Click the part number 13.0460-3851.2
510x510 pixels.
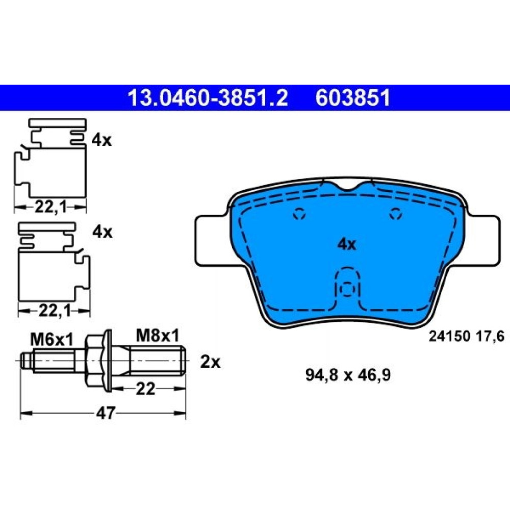pyautogui.click(x=208, y=98)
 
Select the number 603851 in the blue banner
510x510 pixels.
pyautogui.click(x=352, y=98)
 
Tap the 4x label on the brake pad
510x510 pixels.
pyautogui.click(x=347, y=244)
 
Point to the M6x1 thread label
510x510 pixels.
pyautogui.click(x=52, y=340)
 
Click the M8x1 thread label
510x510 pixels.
pyautogui.click(x=158, y=336)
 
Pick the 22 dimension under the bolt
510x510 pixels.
pyautogui.click(x=145, y=388)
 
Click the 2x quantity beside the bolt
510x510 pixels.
pyautogui.click(x=210, y=362)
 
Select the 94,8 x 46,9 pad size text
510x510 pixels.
pyautogui.click(x=348, y=375)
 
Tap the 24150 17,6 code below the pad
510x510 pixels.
pyautogui.click(x=467, y=336)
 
